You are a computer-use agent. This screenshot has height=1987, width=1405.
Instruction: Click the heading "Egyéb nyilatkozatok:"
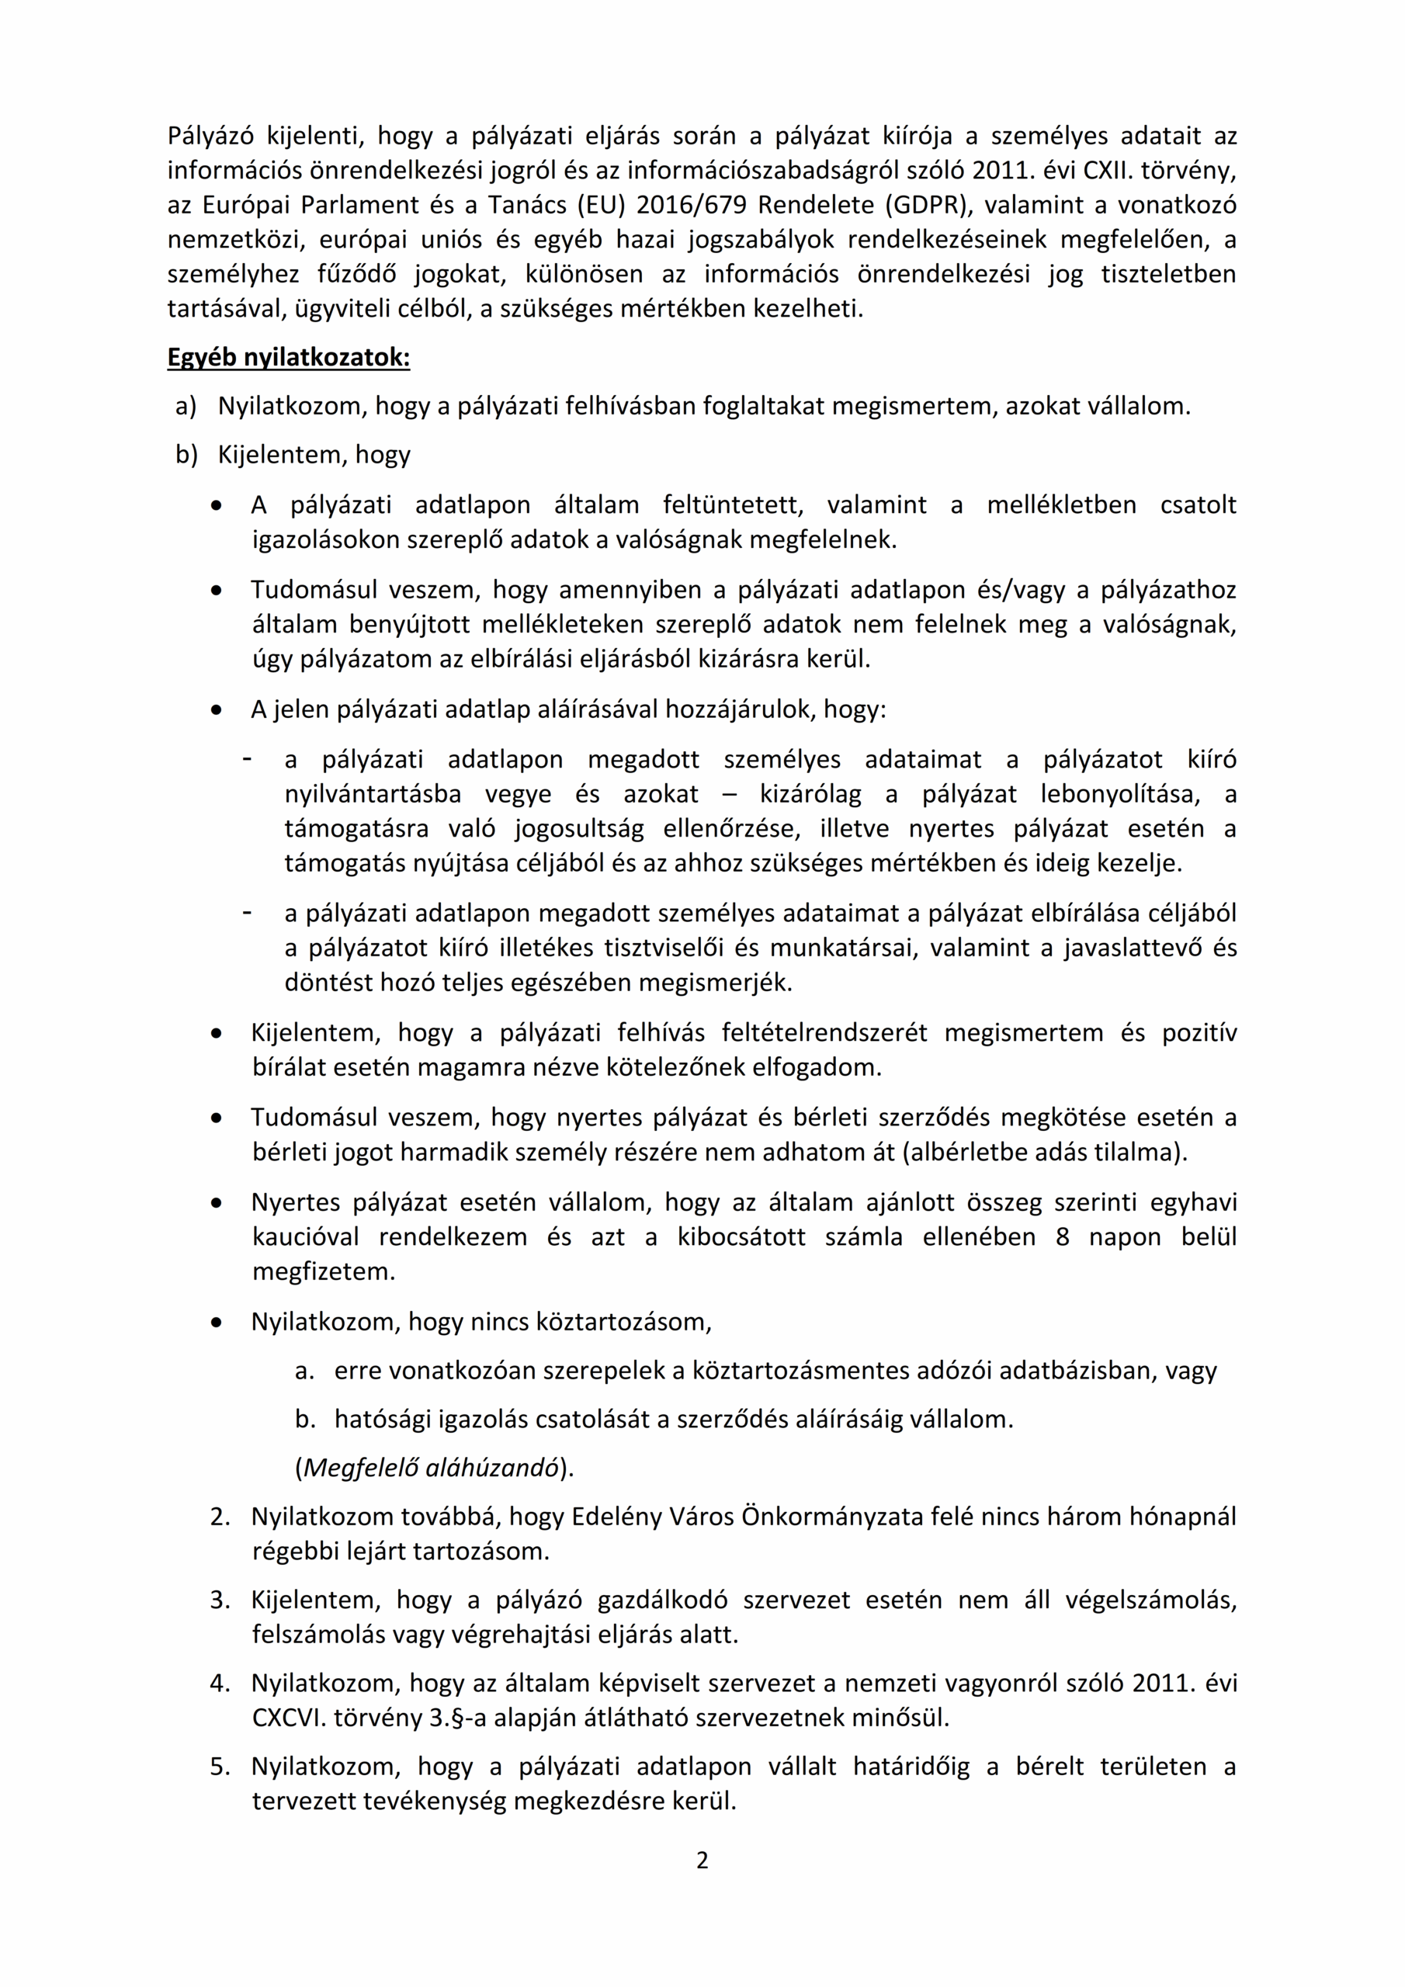(x=288, y=357)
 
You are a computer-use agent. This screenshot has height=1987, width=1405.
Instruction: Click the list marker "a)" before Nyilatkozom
(x=186, y=406)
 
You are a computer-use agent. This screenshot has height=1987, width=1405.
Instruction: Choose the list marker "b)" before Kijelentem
(x=186, y=454)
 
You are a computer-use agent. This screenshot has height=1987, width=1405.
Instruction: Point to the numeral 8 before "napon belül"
(x=1062, y=1236)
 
